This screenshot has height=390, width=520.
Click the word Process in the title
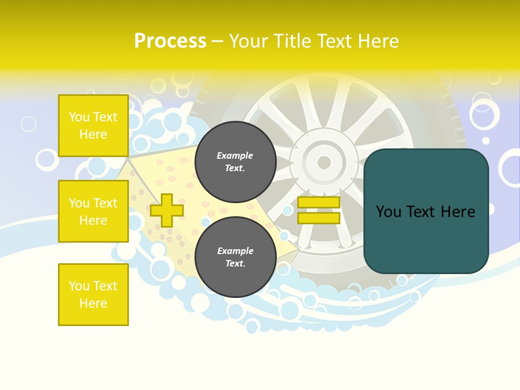tap(170, 41)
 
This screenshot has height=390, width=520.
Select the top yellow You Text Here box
tap(93, 126)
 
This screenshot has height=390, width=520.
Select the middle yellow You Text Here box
tap(93, 211)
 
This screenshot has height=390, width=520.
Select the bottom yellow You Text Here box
tap(93, 295)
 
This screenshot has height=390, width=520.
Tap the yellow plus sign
tap(167, 210)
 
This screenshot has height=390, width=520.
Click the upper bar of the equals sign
tap(318, 203)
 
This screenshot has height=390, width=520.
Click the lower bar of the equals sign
tap(318, 218)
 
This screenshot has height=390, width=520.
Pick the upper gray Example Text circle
tap(235, 162)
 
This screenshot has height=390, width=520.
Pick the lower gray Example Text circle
tap(235, 257)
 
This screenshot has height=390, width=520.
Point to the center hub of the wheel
tap(324, 162)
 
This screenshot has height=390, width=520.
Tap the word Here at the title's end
tap(379, 41)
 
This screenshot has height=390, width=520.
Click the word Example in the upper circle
tap(235, 155)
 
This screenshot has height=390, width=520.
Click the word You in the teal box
tap(388, 212)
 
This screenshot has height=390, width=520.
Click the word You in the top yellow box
tap(79, 117)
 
